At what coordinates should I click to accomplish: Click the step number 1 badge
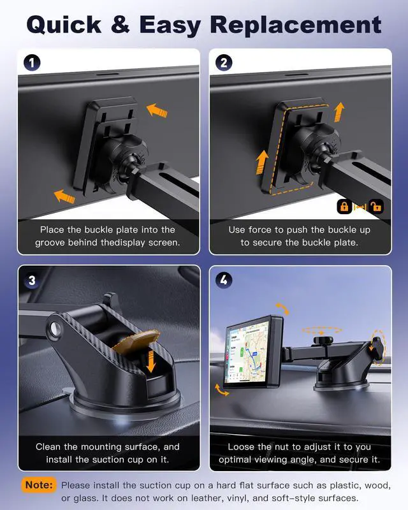click(x=32, y=62)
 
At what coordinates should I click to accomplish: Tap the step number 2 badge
click(x=224, y=62)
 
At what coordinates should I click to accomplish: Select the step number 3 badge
click(x=32, y=280)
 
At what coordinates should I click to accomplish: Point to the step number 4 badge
click(x=224, y=280)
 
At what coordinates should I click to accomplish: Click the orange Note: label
click(x=39, y=485)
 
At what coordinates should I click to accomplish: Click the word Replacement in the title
click(x=295, y=25)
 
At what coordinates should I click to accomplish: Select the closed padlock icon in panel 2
click(x=344, y=207)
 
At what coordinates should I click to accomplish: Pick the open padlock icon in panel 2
click(x=375, y=207)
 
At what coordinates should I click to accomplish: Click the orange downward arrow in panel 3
click(x=150, y=360)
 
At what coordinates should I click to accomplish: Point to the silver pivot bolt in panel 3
click(x=55, y=329)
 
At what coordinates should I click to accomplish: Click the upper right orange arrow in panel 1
click(x=157, y=110)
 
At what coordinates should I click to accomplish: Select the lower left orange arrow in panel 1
click(x=64, y=196)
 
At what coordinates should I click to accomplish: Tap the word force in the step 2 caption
click(x=259, y=229)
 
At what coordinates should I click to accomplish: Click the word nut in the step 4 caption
click(x=282, y=447)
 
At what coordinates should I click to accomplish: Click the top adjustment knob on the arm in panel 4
click(x=323, y=340)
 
